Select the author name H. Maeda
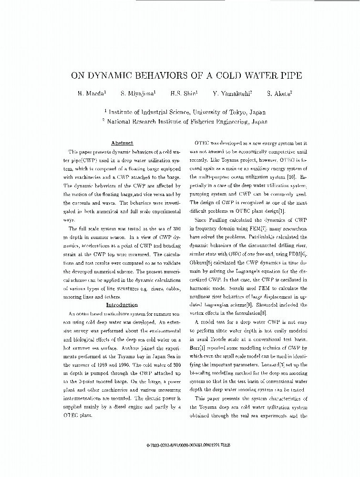pos(88,94)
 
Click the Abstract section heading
pos(122,143)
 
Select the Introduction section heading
pos(122,304)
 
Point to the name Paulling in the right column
pos(219,220)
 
